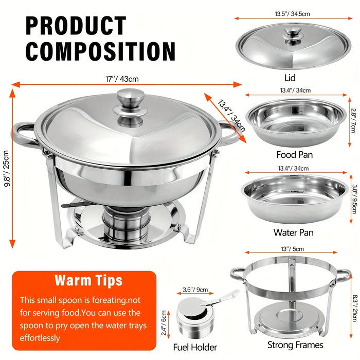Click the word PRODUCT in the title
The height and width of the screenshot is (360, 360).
[76, 26]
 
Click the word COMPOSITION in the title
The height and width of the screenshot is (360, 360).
[101, 52]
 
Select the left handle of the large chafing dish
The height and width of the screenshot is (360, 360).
[23, 135]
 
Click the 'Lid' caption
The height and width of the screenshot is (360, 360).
[290, 78]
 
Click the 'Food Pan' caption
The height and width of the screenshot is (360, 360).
[294, 154]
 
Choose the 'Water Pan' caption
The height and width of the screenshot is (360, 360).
[294, 232]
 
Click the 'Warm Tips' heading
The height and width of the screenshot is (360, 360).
[88, 280]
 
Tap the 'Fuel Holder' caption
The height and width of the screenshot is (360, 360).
[195, 347]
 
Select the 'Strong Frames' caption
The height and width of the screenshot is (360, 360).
[295, 345]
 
